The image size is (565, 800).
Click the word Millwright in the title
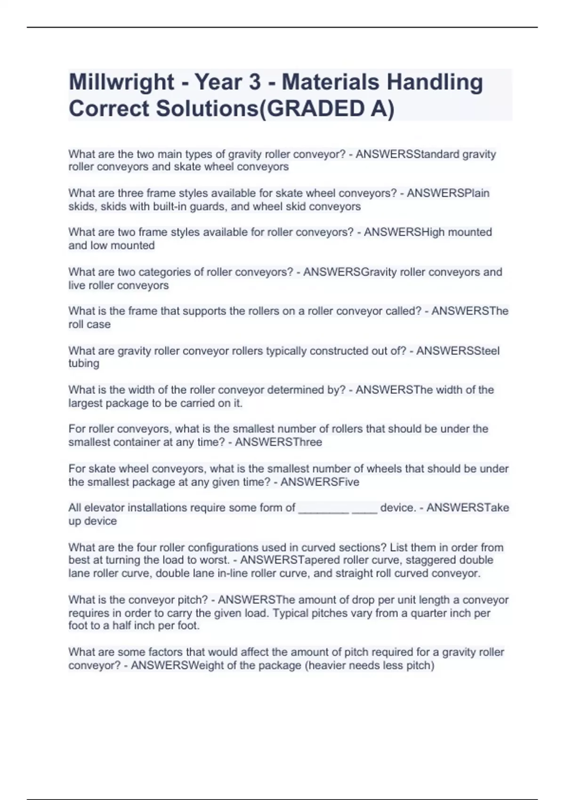click(x=121, y=82)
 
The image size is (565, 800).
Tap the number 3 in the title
click(x=254, y=82)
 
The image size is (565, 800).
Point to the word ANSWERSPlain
click(x=448, y=193)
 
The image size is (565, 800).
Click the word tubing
click(x=84, y=363)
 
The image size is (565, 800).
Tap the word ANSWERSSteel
click(x=458, y=351)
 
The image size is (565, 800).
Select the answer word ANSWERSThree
click(x=278, y=442)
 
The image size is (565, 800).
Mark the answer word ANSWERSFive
click(x=320, y=482)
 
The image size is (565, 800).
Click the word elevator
click(x=105, y=508)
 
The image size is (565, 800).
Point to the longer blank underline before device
click(x=324, y=511)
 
